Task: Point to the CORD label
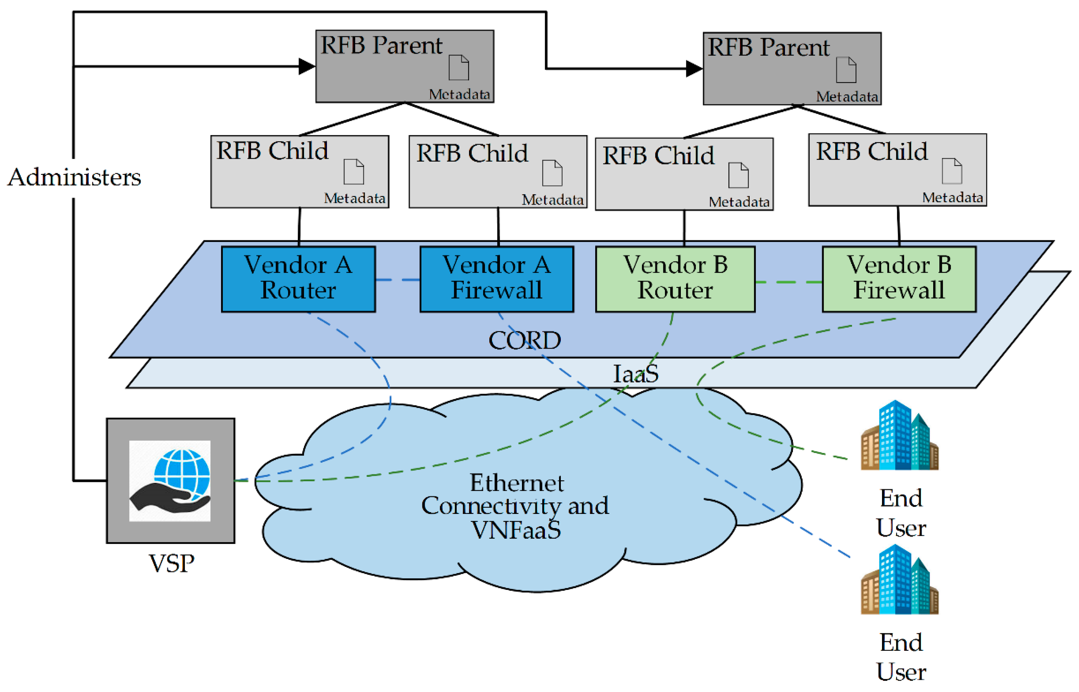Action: (x=524, y=341)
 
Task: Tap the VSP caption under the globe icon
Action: (x=171, y=563)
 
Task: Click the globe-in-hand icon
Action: (x=170, y=481)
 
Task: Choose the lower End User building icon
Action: (x=899, y=580)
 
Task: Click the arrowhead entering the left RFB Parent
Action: (x=307, y=66)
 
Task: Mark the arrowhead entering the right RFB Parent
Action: (x=694, y=69)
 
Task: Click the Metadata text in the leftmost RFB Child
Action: (x=355, y=198)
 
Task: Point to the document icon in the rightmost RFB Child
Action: (x=952, y=171)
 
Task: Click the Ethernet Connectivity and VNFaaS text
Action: (x=515, y=506)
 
